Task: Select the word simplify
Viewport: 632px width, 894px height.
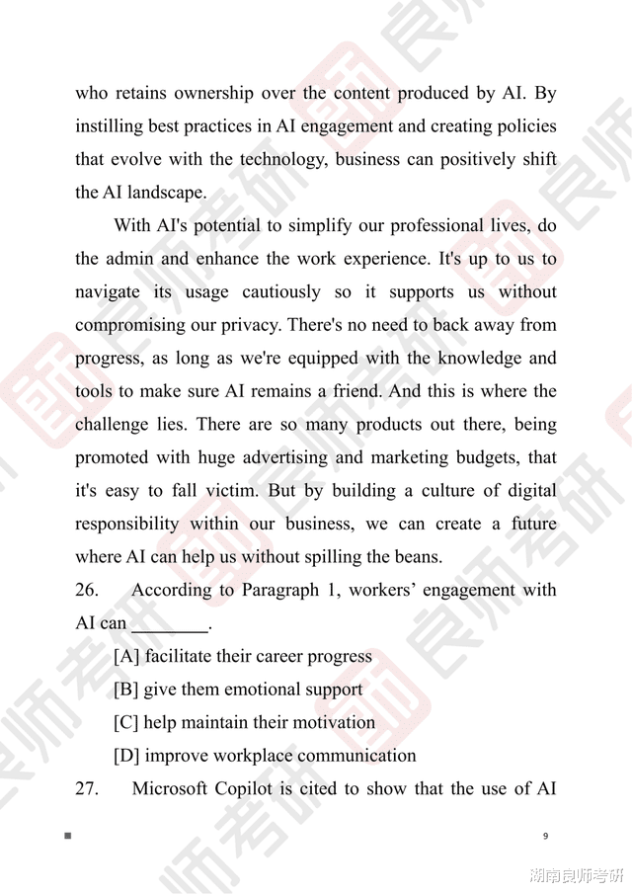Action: click(x=325, y=226)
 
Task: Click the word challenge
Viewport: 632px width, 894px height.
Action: click(x=117, y=425)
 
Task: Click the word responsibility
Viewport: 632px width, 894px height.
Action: click(x=127, y=525)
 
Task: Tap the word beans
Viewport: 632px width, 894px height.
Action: click(x=419, y=557)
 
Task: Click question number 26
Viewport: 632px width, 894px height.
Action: click(x=87, y=591)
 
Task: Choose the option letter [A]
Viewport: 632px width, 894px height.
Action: click(x=126, y=657)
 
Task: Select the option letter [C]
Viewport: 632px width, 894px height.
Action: click(x=126, y=723)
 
